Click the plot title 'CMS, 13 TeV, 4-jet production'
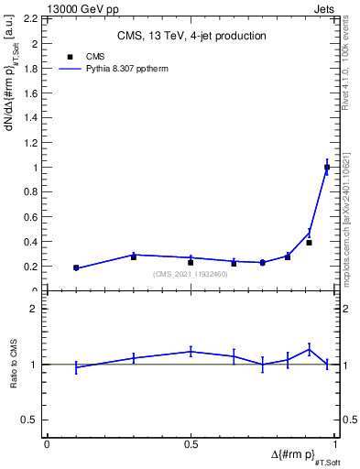point(191,37)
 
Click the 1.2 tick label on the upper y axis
point(31,143)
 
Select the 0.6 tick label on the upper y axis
point(31,217)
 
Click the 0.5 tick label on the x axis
point(191,443)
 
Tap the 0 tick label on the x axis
point(47,443)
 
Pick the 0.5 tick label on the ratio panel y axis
point(31,420)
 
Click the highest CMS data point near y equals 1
point(327,168)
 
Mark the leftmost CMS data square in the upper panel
point(76,268)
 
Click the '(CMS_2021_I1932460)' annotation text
point(191,274)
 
